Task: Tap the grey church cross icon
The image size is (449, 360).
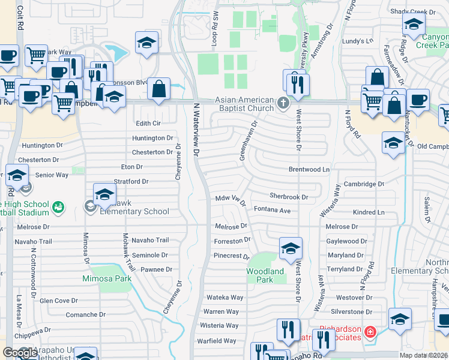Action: [x=283, y=103]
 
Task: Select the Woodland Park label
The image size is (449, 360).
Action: [x=265, y=275]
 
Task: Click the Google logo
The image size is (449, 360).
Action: [x=20, y=352]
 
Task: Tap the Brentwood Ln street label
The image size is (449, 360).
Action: [x=309, y=170]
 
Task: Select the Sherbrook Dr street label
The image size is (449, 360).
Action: [x=288, y=196]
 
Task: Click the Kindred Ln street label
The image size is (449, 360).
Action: [x=369, y=212]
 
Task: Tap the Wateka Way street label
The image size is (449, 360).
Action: [x=224, y=297]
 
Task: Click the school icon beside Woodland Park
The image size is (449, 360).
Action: [x=291, y=248]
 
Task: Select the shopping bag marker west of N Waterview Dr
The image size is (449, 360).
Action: [x=159, y=89]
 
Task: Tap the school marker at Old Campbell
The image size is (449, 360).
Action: [x=393, y=143]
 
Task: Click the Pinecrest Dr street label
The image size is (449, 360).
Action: [x=231, y=256]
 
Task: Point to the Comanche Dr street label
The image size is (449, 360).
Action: [x=85, y=314]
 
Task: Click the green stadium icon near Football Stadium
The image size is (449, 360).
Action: [x=59, y=208]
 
